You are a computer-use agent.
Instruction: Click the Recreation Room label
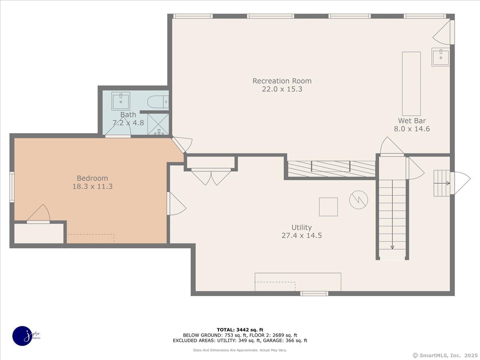pos(282,81)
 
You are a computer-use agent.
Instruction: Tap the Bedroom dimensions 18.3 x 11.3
pos(92,186)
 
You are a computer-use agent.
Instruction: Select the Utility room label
pos(302,228)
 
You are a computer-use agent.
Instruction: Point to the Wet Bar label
pos(412,121)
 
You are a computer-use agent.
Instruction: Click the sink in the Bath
pos(121,101)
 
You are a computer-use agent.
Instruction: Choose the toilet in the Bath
pos(158,102)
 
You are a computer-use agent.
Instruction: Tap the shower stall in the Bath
pos(158,124)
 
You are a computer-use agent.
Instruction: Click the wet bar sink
pos(440,57)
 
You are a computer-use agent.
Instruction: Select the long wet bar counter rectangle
pos(411,84)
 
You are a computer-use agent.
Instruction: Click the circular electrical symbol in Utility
pos(359,200)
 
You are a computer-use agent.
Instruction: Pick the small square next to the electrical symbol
pos(328,207)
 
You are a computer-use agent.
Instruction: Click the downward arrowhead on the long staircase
pos(392,247)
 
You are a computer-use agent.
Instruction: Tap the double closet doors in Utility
pos(211,177)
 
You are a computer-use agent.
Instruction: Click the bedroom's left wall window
pos(12,187)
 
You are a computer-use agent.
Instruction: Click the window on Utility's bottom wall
pos(314,294)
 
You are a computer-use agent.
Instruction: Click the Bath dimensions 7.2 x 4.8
pos(128,123)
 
